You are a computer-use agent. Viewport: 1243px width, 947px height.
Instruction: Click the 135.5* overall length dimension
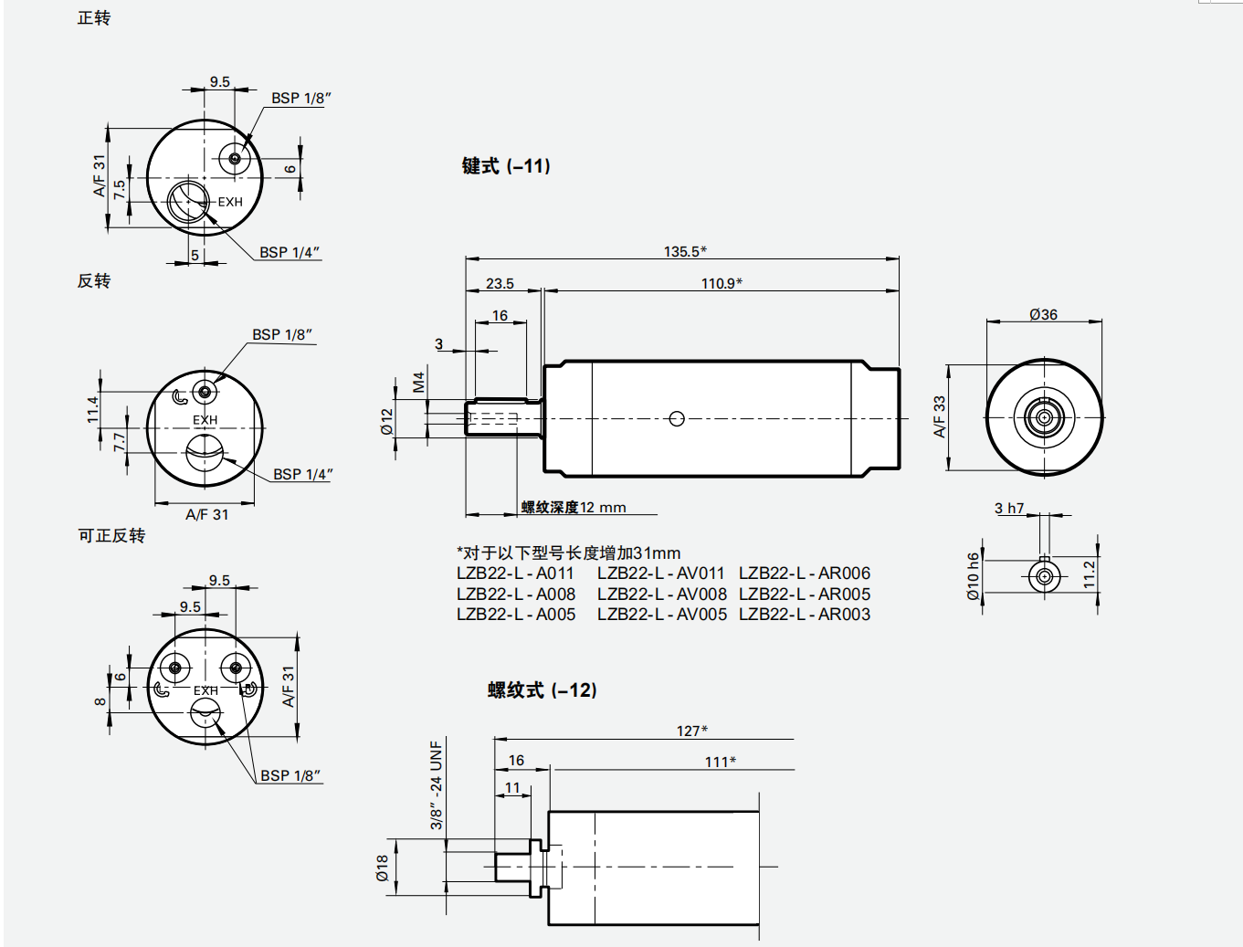tap(684, 251)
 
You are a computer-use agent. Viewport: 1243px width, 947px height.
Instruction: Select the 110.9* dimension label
tap(722, 283)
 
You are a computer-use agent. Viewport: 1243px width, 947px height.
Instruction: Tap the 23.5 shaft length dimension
tap(500, 283)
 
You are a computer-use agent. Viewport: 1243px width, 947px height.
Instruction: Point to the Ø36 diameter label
tap(1043, 314)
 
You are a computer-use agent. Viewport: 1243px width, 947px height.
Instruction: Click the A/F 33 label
tap(939, 416)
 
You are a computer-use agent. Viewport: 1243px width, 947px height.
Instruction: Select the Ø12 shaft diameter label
tap(387, 421)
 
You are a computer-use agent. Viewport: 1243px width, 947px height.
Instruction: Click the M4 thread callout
tap(418, 382)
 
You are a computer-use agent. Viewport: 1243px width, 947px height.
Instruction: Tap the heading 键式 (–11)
tap(506, 166)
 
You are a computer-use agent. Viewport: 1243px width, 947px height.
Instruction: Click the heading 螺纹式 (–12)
tap(542, 690)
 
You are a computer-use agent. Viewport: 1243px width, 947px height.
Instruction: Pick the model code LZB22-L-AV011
tap(660, 573)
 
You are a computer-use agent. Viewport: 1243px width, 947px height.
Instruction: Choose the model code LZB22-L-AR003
tap(804, 615)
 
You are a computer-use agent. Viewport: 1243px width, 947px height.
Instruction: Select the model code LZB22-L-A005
tap(516, 615)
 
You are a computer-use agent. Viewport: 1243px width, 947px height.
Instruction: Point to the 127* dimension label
tap(691, 731)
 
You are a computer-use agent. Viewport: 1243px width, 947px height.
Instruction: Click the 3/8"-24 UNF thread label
tap(437, 784)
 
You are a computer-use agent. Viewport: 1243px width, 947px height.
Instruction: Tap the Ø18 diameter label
tap(382, 868)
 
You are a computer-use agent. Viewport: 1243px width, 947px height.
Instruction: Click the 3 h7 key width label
tap(1009, 508)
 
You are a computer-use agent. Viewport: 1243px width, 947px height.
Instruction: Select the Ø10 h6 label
tap(974, 576)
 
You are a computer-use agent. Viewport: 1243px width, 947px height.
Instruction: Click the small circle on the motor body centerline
tap(677, 418)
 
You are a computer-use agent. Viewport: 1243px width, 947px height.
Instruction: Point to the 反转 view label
tap(94, 280)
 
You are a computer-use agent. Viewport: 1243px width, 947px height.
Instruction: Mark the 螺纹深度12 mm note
tap(574, 507)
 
